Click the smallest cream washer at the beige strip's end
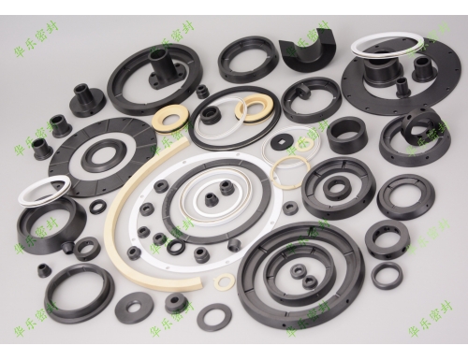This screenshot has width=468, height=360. pos(225,281)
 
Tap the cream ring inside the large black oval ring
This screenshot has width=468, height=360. pos(251,108)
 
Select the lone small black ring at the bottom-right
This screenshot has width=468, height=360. pos(387,275)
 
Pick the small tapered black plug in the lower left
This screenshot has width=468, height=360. pos(45,270)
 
